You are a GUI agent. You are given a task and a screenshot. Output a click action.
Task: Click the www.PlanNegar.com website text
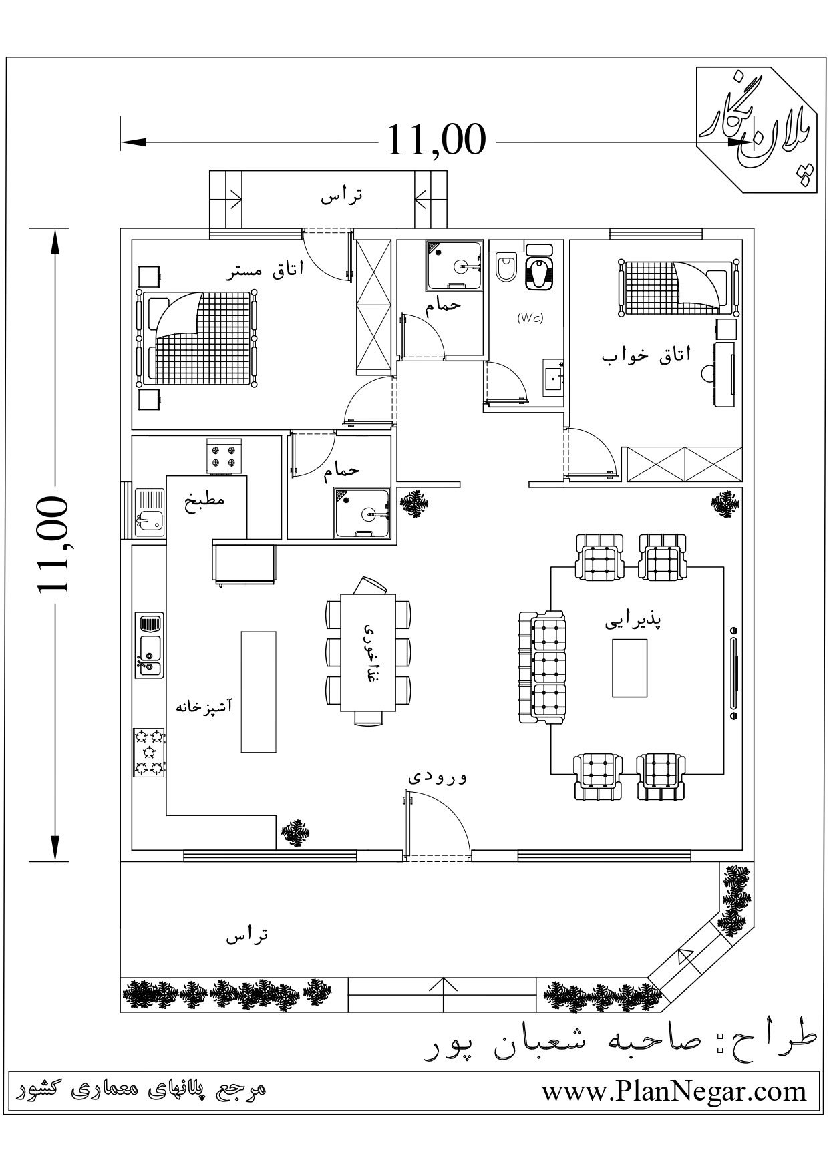(674, 1091)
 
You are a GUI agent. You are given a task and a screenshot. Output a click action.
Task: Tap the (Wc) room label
(530, 318)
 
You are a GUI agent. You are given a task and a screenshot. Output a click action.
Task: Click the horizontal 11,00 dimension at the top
(436, 140)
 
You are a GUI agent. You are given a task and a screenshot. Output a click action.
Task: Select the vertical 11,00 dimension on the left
(52, 544)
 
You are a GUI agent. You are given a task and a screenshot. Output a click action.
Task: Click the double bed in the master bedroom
(197, 339)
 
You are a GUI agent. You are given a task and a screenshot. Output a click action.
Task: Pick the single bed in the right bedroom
(679, 287)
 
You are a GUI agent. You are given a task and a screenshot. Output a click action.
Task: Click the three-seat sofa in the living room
(542, 667)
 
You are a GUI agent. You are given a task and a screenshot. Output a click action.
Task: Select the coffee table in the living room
(629, 668)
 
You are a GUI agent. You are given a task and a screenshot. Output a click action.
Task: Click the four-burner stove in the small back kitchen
(224, 456)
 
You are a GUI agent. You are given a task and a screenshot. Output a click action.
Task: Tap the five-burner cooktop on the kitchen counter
(149, 752)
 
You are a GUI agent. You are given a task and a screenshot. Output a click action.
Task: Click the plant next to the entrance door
(295, 833)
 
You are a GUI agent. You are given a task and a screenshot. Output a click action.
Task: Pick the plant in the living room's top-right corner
(725, 504)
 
